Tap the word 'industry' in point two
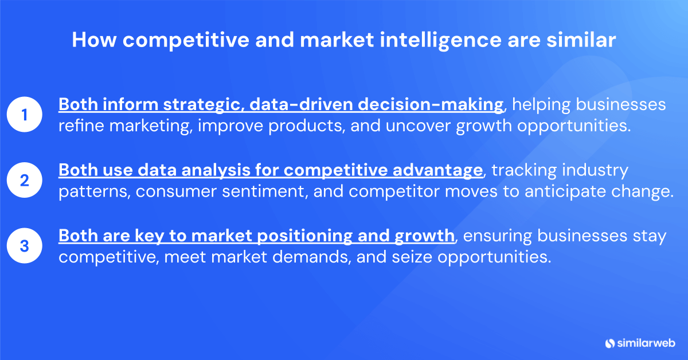point(594,170)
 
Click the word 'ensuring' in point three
point(502,236)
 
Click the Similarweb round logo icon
point(609,343)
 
